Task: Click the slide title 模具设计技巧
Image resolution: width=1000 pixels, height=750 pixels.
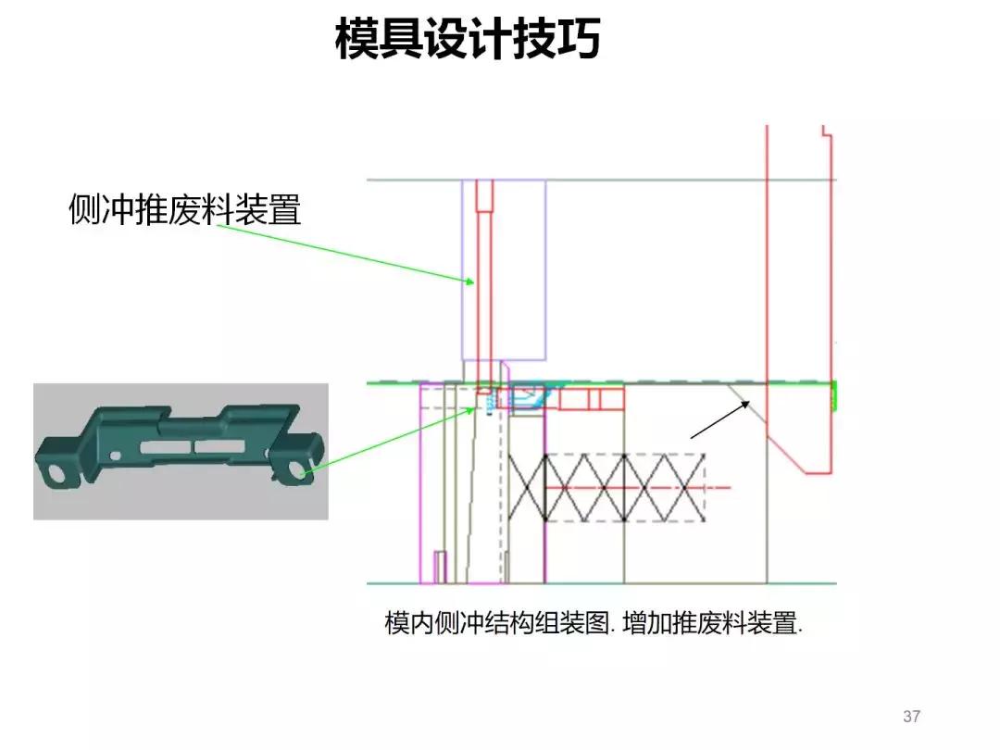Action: coord(468,40)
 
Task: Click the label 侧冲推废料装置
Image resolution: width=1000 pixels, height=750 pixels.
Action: coord(185,210)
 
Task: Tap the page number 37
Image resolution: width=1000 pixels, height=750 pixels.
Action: coord(911,717)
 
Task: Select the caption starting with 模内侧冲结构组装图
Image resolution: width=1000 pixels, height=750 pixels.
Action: coord(593,623)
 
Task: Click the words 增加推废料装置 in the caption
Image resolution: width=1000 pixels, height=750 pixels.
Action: coord(713,623)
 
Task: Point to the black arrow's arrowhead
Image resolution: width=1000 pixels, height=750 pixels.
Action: coord(749,402)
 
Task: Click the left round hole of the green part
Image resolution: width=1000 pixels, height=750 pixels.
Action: coord(56,473)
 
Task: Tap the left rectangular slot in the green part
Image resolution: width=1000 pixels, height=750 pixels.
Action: coord(161,447)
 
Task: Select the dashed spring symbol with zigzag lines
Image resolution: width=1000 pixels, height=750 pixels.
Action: coord(625,487)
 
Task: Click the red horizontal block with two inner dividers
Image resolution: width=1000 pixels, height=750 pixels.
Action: coord(593,399)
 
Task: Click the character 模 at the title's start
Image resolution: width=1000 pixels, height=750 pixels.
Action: coord(356,40)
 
